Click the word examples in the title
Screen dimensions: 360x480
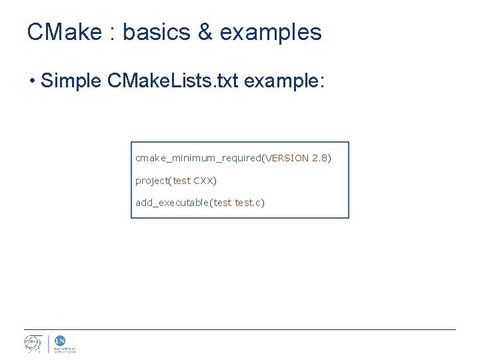pos(270,32)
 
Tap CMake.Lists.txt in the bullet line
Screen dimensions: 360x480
pos(173,81)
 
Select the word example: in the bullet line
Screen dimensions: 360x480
pos(285,81)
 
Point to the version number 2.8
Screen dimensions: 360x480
pos(319,159)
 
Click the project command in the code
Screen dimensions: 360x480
pos(151,181)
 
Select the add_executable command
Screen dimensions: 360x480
pos(172,203)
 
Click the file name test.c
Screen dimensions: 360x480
pos(248,203)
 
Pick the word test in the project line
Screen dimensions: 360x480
pos(181,181)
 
